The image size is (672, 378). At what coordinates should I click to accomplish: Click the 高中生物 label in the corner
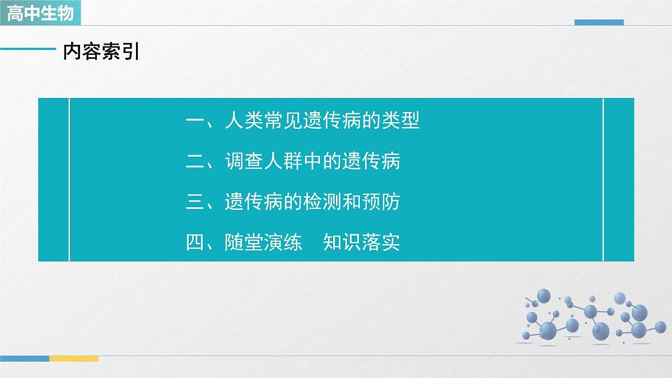(40, 12)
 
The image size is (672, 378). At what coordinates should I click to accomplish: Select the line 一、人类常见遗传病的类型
(302, 120)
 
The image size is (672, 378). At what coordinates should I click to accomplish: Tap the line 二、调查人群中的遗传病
(293, 162)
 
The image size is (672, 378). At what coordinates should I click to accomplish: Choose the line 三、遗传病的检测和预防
(293, 202)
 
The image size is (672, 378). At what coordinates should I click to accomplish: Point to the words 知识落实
(362, 243)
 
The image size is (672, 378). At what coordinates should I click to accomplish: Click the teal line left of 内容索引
(28, 49)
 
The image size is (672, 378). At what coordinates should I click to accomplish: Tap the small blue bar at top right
(599, 22)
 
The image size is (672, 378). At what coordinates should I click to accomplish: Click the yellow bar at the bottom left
(74, 358)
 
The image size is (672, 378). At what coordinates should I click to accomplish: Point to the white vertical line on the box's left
(69, 179)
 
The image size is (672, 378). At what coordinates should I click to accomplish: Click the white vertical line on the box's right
(603, 179)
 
